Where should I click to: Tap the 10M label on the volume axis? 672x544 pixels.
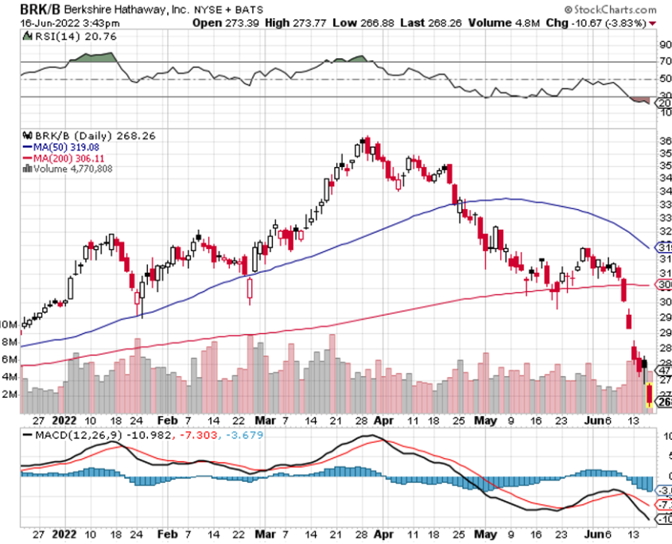coord(9,325)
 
